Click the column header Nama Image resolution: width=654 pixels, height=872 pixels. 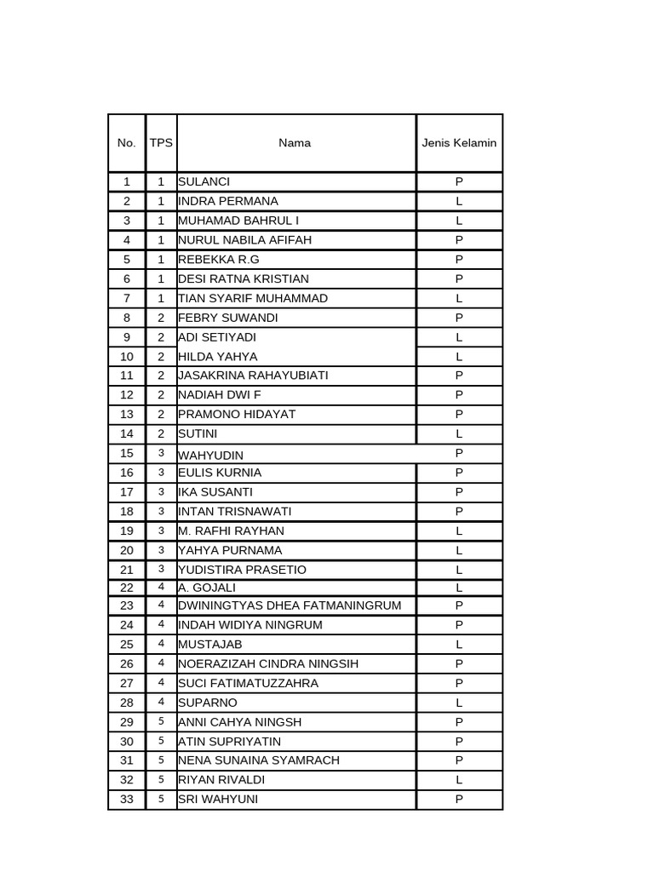295,143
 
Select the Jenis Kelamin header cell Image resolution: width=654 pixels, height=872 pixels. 459,143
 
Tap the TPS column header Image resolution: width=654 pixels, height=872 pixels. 161,143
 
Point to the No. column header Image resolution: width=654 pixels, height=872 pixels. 127,143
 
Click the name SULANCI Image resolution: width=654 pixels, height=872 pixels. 204,181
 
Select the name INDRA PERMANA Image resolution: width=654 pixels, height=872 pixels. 228,201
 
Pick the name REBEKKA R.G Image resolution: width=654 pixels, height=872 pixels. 219,259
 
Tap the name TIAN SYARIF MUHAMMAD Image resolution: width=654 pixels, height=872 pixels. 253,298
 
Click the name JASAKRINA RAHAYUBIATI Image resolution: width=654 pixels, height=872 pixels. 253,376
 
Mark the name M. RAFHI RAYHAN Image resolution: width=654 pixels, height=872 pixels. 232,531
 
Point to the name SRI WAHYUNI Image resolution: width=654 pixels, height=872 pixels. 218,799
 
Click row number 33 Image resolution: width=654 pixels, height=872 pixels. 127,799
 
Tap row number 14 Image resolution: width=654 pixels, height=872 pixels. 127,433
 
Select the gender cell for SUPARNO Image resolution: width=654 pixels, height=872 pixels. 459,703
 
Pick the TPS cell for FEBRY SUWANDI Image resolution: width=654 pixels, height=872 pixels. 161,318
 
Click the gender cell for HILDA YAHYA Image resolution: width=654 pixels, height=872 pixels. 459,357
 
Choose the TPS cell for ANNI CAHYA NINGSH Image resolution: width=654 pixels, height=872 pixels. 161,721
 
